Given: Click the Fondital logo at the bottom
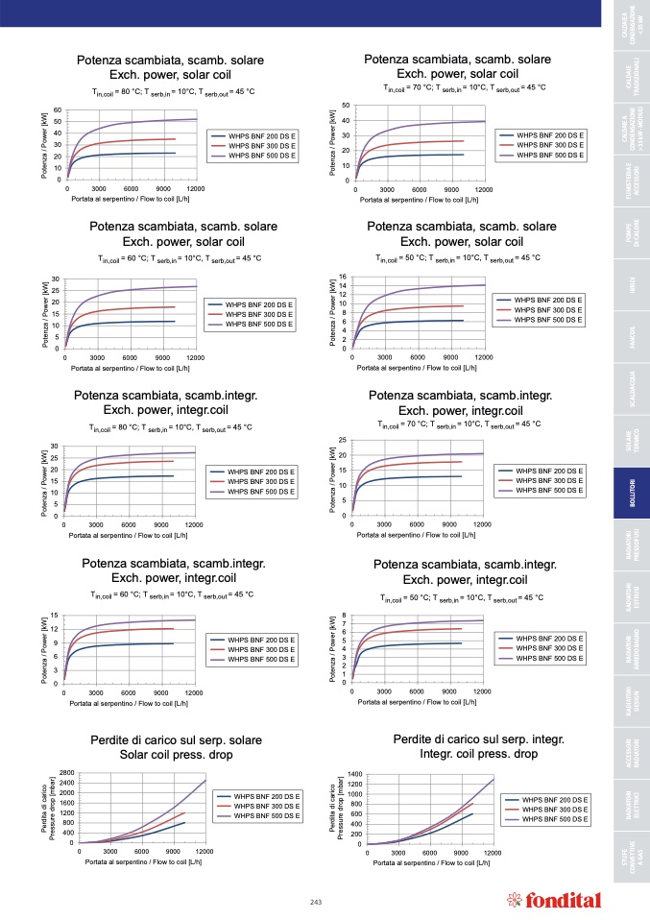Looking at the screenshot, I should pos(553,900).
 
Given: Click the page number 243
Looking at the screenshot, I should pos(316,900).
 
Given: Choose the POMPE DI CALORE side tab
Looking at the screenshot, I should pos(631,235).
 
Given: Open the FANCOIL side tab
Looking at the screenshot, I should pos(631,339).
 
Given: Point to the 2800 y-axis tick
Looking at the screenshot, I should pos(66,773).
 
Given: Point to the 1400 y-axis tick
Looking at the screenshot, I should pos(354,773).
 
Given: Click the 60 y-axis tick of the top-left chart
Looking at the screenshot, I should pos(58,110).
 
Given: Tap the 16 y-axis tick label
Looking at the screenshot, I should pos(343,278).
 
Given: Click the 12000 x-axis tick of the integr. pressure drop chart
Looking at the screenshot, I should pos(493,853).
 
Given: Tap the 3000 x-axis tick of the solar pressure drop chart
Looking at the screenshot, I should pos(109,853).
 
